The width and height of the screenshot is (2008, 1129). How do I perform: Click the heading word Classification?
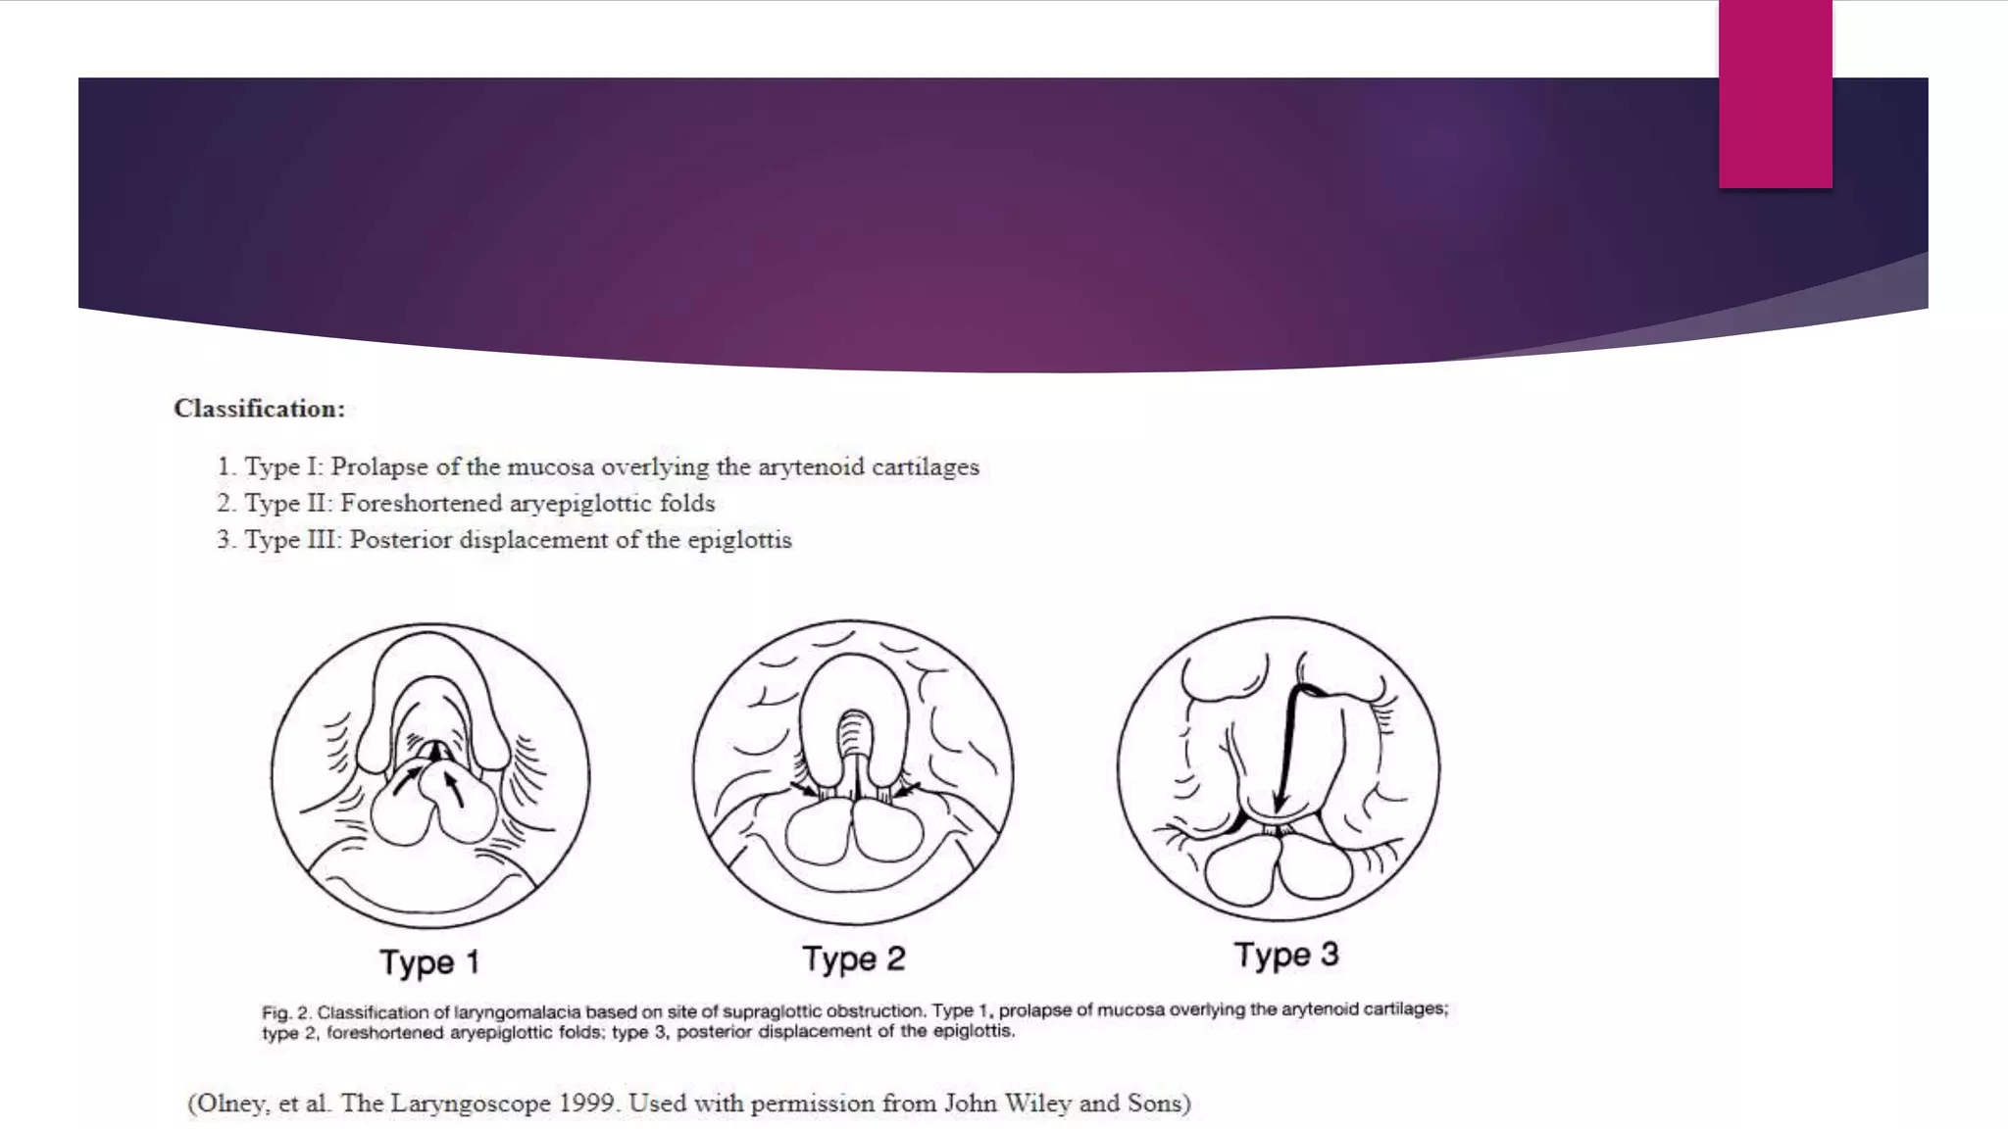259,409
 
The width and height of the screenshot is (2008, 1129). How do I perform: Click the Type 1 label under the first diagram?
429,962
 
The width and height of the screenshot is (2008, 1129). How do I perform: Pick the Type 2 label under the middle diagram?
853,958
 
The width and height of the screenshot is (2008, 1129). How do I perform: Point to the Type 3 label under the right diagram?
1285,955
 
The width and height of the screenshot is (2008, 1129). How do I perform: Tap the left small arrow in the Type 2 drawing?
804,788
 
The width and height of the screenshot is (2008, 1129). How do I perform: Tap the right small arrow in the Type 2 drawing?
907,787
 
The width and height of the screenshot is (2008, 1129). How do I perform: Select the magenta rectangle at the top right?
1775,93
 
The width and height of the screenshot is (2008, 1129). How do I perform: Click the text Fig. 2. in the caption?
285,1012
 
